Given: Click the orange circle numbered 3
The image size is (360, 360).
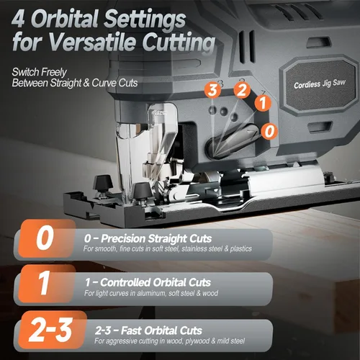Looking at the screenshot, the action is pyautogui.click(x=212, y=90).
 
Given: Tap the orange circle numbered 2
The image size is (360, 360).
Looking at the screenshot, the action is pyautogui.click(x=242, y=90).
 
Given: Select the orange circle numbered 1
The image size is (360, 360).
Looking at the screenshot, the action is pyautogui.click(x=263, y=103).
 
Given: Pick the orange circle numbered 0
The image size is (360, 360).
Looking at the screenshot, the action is pyautogui.click(x=269, y=131).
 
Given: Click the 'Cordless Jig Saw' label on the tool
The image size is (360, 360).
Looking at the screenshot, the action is pyautogui.click(x=320, y=84).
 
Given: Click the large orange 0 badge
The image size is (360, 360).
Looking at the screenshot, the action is pyautogui.click(x=46, y=238).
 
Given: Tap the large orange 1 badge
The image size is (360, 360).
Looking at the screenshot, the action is pyautogui.click(x=46, y=284).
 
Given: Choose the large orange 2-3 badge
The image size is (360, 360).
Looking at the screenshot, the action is pyautogui.click(x=52, y=330).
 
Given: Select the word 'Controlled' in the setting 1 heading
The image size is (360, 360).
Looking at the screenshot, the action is pyautogui.click(x=125, y=282).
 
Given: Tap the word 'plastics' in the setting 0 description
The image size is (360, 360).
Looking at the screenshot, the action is pyautogui.click(x=241, y=249).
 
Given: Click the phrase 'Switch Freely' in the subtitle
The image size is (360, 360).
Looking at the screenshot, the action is pyautogui.click(x=40, y=72).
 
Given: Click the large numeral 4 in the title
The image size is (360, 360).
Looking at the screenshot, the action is pyautogui.click(x=18, y=19).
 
